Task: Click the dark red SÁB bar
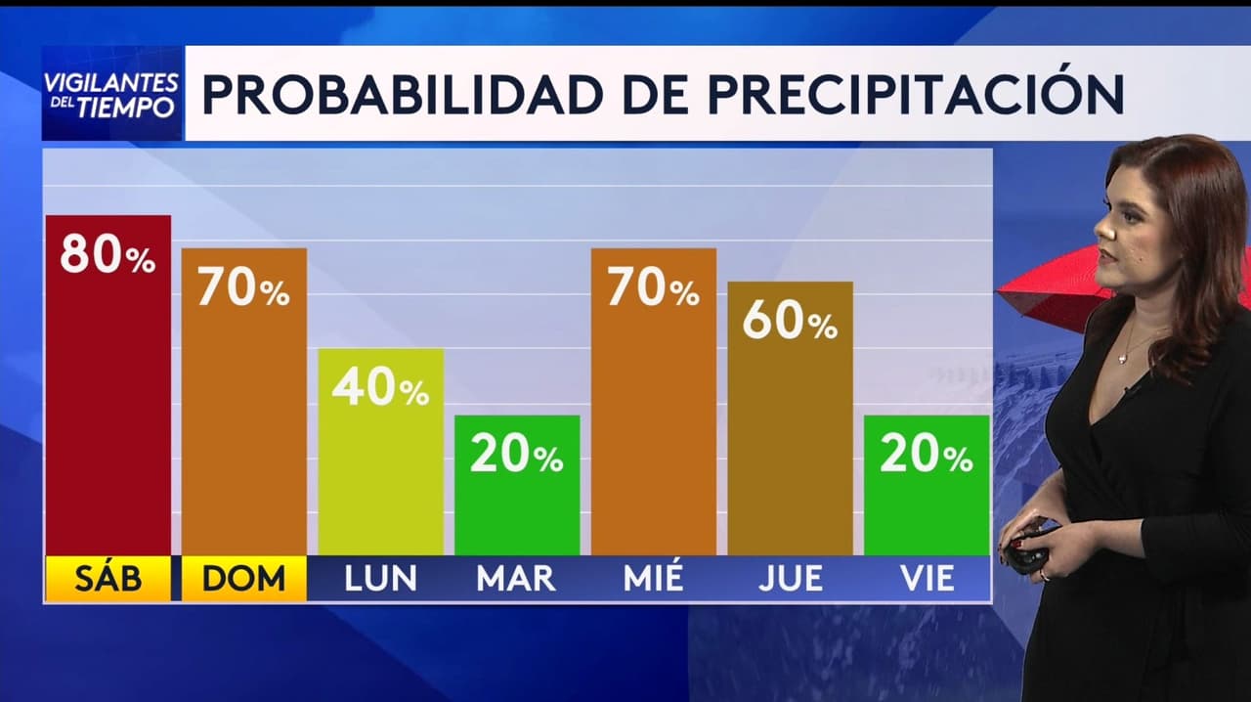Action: [x=108, y=411]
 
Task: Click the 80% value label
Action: [x=108, y=255]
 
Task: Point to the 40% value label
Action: [x=380, y=388]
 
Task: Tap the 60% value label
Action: [x=790, y=322]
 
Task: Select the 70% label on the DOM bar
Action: [x=243, y=288]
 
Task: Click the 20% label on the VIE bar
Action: [x=927, y=455]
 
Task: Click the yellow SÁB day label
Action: [x=108, y=579]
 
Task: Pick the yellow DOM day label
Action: [x=243, y=579]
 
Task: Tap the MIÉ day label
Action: [x=653, y=579]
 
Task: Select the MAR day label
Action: [x=516, y=579]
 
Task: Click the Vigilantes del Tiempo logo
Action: [x=111, y=94]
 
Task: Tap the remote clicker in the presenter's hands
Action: [x=1027, y=551]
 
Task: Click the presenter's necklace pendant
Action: [x=1124, y=359]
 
